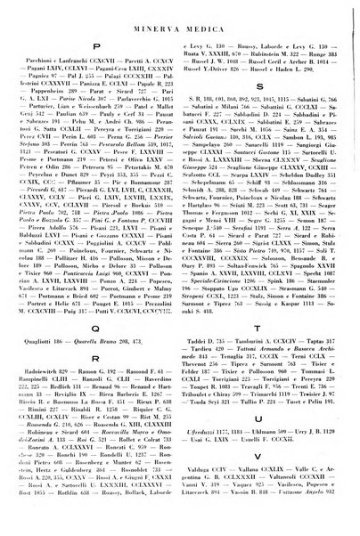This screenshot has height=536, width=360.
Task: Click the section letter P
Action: pyautogui.click(x=95, y=53)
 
